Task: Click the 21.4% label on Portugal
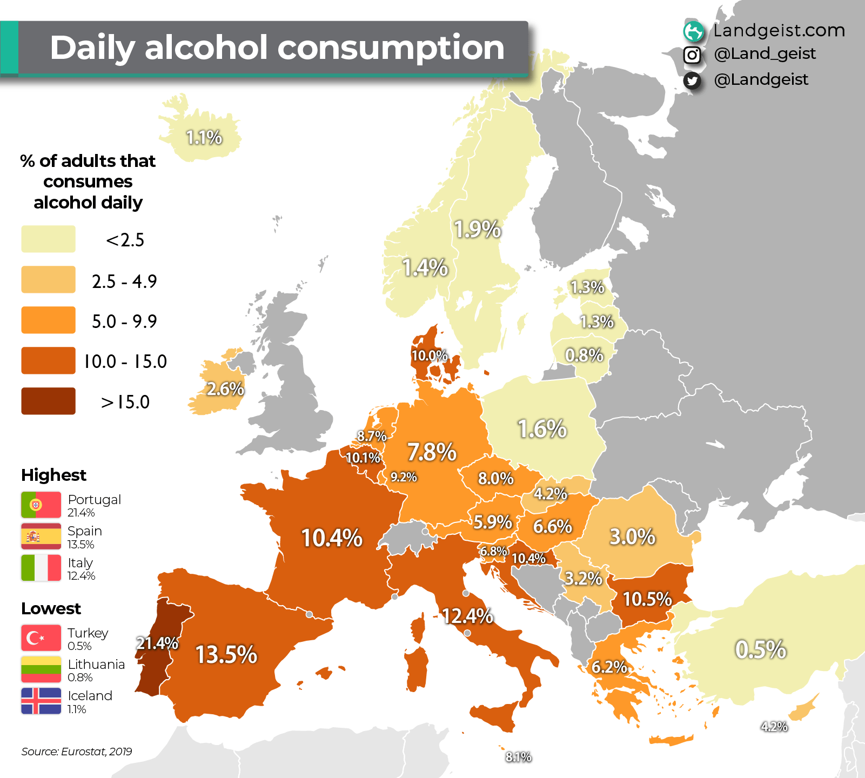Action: coord(157,643)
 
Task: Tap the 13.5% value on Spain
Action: coord(226,654)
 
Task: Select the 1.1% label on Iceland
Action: coord(204,137)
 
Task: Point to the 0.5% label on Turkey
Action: coord(760,649)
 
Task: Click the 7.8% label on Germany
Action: coord(432,452)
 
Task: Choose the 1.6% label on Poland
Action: coord(542,429)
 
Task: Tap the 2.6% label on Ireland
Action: coord(225,388)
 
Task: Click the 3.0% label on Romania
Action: coord(632,536)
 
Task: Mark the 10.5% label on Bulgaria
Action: coord(647,599)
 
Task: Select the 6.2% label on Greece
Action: coord(609,667)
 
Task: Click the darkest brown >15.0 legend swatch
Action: coord(48,401)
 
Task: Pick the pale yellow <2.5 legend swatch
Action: coord(48,239)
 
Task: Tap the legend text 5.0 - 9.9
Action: coord(124,321)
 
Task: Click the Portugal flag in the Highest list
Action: coord(41,505)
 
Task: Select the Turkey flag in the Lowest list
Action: coord(41,638)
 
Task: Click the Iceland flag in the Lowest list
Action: coord(41,701)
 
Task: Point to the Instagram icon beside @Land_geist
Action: coord(692,55)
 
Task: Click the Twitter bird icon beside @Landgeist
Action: coord(692,81)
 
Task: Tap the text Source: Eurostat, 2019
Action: coord(77,752)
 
